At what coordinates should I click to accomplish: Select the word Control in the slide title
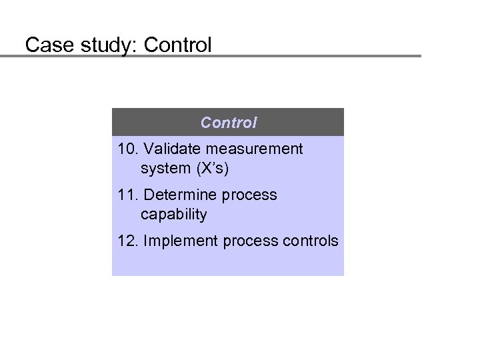pos(178,45)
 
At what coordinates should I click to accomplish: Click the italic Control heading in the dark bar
pos(229,123)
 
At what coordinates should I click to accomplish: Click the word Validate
pos(170,149)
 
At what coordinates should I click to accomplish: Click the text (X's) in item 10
pos(212,169)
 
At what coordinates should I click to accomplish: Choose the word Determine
pos(176,195)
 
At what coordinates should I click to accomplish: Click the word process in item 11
pos(251,195)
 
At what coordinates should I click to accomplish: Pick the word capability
pos(174,215)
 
